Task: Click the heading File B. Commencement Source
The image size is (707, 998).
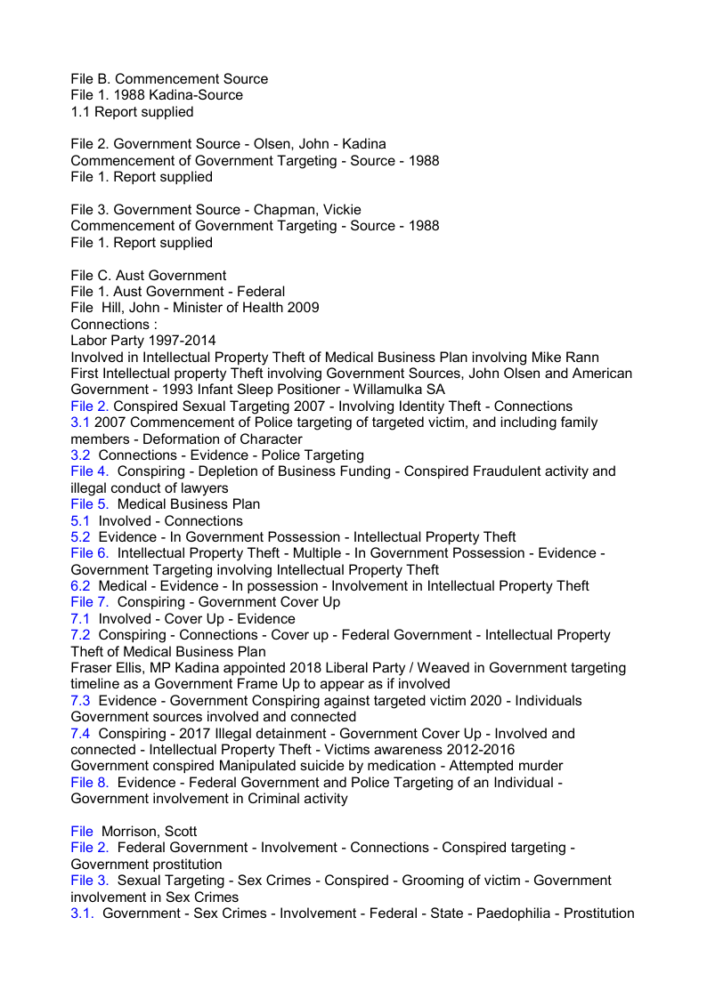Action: coord(169,79)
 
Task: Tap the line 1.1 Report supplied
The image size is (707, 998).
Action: coord(132,112)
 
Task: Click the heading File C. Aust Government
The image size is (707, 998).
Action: coord(148,276)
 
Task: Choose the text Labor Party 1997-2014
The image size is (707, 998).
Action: coord(142,341)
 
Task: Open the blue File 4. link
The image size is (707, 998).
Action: coord(90,471)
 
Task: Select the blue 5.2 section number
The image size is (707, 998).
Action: coord(80,537)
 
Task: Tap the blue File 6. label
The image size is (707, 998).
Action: coord(90,553)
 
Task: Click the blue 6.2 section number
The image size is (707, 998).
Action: coord(80,586)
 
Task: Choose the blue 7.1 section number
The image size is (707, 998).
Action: coord(80,619)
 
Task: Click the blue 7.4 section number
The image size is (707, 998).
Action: coord(80,734)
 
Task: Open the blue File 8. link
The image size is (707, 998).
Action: coord(90,783)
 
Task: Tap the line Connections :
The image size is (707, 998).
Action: coord(113,325)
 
